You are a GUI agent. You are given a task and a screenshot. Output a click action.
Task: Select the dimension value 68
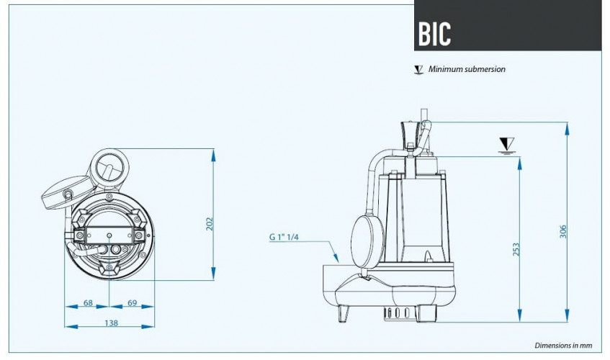pos(87,303)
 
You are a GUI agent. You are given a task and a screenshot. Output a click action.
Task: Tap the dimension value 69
pos(132,303)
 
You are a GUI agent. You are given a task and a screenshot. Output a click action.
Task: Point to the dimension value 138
pos(112,323)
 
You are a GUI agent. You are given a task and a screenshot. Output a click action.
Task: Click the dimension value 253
pos(516,250)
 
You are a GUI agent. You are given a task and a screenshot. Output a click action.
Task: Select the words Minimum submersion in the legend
pos(467,70)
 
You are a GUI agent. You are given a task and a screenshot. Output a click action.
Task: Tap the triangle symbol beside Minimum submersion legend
pos(418,70)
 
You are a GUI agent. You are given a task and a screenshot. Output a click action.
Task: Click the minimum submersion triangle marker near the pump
pos(506,143)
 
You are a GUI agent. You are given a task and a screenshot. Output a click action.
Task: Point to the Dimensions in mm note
pos(566,345)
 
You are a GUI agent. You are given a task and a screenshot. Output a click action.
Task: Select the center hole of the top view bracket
pos(109,235)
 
